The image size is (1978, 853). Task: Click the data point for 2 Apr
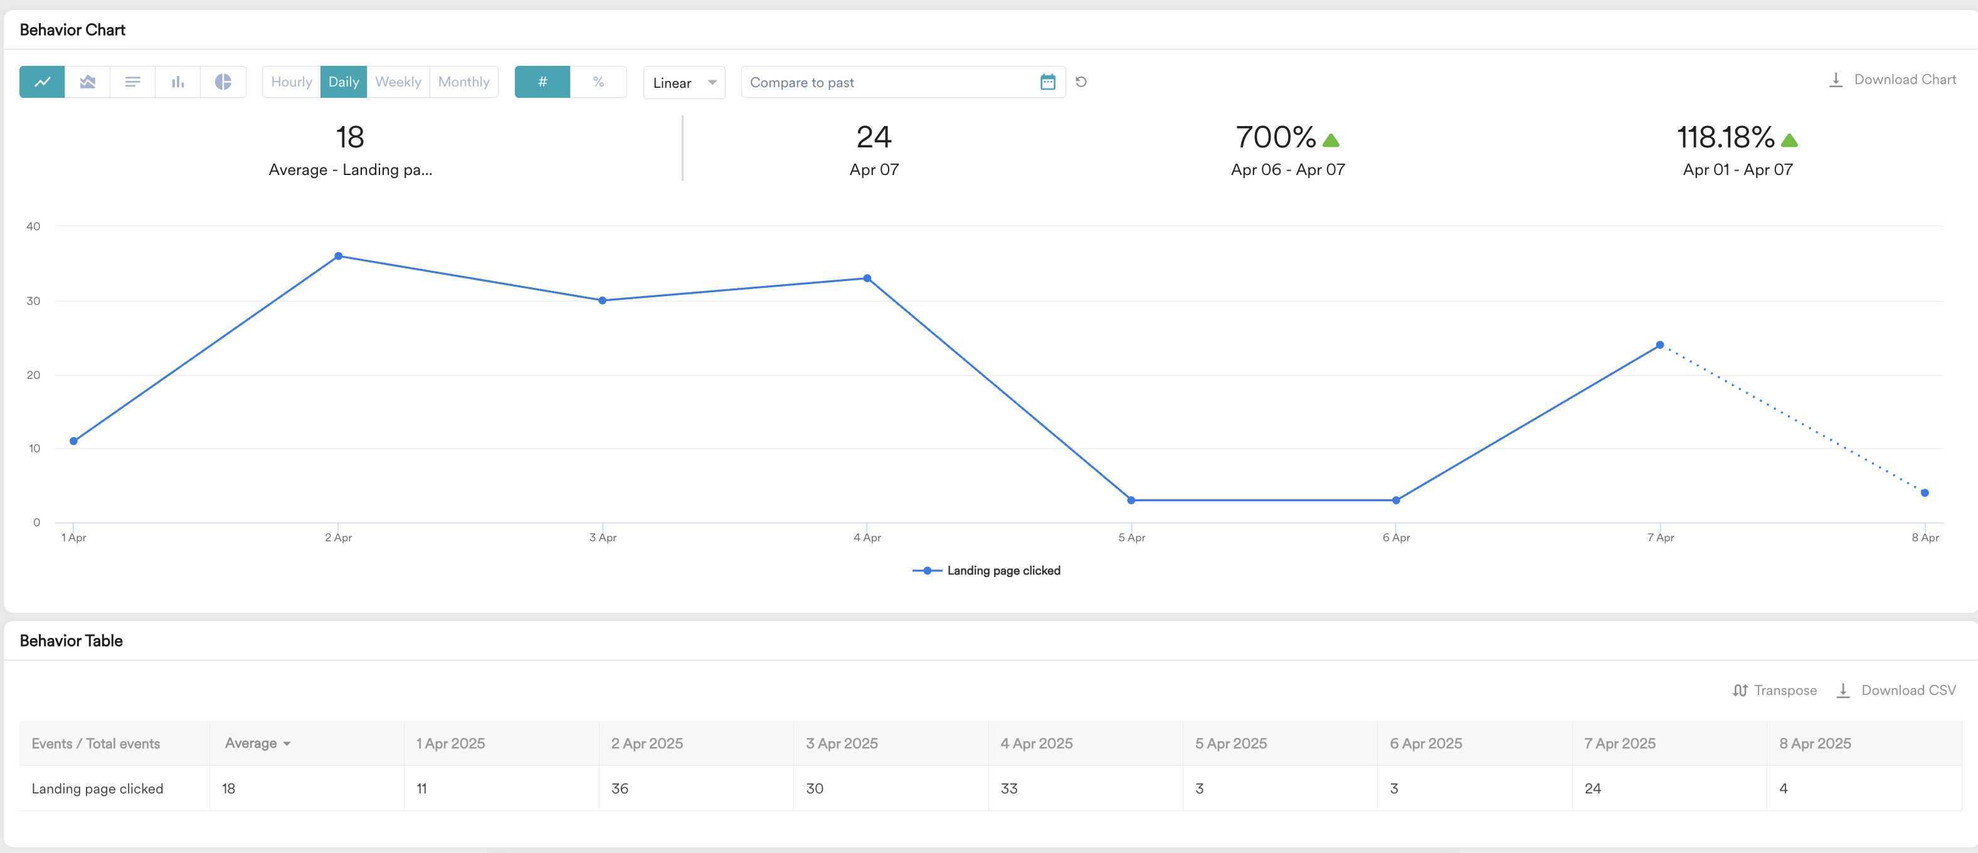pos(339,257)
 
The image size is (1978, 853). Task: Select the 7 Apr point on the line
pos(1659,346)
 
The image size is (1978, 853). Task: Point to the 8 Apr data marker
pos(1924,493)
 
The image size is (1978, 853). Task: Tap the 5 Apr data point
pos(1131,501)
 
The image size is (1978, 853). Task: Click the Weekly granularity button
pos(398,82)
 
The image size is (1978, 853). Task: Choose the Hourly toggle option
pos(291,82)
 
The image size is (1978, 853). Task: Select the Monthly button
pos(464,82)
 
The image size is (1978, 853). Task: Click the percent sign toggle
pos(598,82)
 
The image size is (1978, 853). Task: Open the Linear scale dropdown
pos(684,83)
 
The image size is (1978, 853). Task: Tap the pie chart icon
pos(223,82)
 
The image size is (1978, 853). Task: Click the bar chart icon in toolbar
pos(178,82)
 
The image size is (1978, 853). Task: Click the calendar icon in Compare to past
pos(1047,82)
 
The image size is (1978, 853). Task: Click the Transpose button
pos(1775,690)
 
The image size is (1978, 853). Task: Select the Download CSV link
pos(1896,690)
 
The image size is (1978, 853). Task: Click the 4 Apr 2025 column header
pos(1036,743)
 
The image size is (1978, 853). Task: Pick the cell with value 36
pos(620,788)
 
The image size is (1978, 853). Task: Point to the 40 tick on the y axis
pos(33,226)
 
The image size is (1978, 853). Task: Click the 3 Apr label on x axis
pos(603,538)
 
